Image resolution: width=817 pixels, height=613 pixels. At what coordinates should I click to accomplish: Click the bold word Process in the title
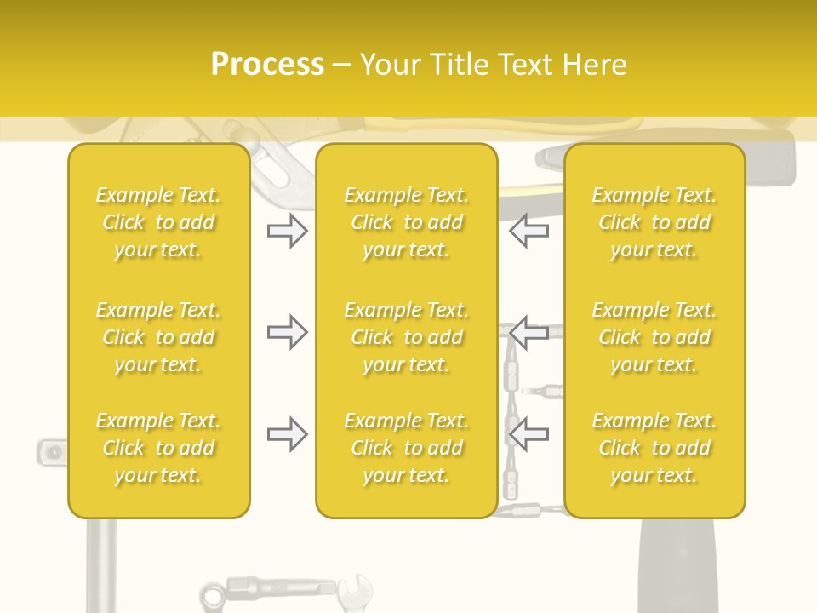coord(267,65)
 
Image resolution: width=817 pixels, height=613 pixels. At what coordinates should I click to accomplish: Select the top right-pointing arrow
coord(287,231)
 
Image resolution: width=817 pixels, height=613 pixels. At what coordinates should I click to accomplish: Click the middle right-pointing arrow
coord(287,332)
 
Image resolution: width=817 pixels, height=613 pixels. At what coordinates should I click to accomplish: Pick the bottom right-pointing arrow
coord(287,435)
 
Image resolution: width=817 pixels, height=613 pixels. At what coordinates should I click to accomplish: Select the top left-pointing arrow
coord(528,231)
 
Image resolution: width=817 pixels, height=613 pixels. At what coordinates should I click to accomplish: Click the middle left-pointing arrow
coord(528,332)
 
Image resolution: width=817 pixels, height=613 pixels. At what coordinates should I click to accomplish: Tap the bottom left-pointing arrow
coord(528,435)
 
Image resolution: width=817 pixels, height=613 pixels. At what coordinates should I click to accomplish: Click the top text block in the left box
coord(158,222)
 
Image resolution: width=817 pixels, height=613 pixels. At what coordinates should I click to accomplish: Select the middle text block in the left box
coord(158,337)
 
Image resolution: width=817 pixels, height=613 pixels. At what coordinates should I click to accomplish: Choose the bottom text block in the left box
coord(158,448)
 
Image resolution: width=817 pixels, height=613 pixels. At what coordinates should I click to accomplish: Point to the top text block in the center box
coord(407,222)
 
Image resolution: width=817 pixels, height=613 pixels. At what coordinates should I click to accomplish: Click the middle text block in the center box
coord(407,337)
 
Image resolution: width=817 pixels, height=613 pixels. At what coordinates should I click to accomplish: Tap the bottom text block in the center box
coord(407,448)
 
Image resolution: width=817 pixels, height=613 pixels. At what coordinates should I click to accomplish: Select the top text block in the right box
coord(654,222)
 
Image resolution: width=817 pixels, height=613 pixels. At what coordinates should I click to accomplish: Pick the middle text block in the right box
coord(654,337)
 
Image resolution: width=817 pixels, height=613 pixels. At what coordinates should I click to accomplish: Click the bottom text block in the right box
coord(654,448)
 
